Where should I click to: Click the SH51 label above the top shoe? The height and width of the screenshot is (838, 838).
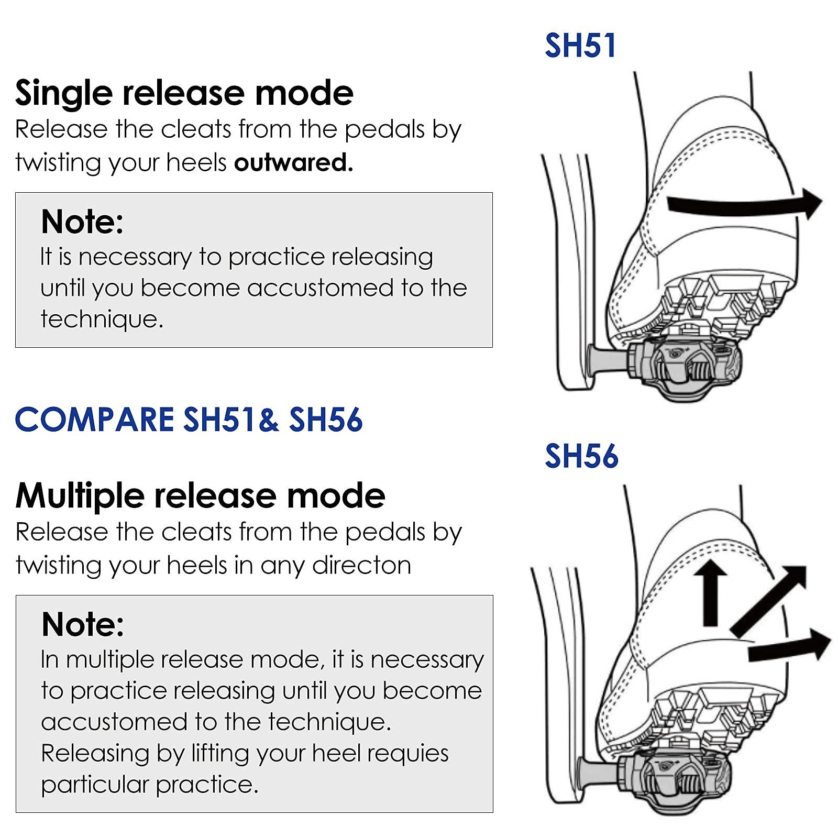pos(580,46)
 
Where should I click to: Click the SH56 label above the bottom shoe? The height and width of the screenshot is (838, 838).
pos(581,456)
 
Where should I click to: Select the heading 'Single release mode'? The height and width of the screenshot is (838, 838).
pos(184,93)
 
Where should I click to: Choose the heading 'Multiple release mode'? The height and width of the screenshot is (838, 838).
pos(200,496)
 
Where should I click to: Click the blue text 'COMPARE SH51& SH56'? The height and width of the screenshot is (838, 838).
pos(189,420)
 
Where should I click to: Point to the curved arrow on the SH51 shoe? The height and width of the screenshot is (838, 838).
pos(744,205)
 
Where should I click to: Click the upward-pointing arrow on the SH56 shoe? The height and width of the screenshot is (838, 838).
pos(710,592)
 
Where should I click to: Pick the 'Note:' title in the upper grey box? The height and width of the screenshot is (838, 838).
pos(82,222)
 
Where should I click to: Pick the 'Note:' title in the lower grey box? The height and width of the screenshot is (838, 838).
pos(83,624)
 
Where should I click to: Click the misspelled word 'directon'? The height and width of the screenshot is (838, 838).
pos(361,566)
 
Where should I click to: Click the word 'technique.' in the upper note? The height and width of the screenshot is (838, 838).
pos(102,319)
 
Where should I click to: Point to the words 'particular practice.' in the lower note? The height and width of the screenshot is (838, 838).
pos(150,785)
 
